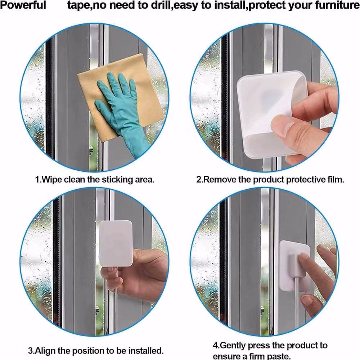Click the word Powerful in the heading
[23, 5]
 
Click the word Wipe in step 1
[52, 180]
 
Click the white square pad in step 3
[116, 243]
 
